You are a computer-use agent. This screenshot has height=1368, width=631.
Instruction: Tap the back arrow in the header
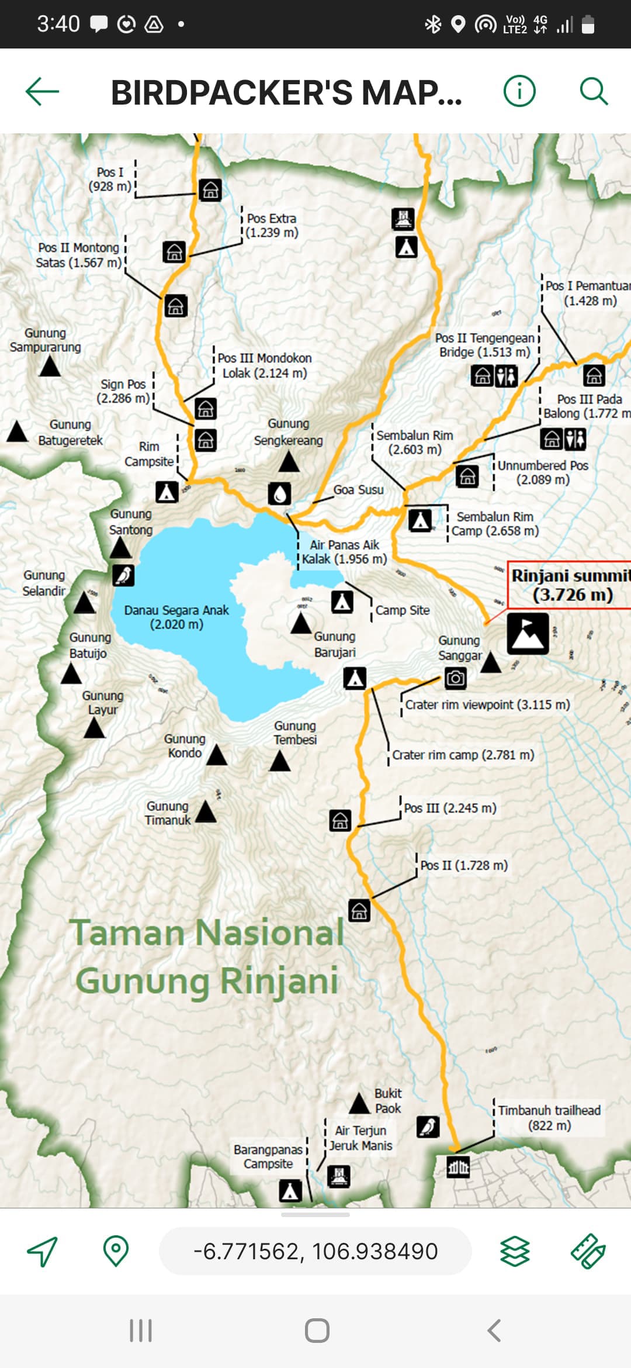click(x=43, y=92)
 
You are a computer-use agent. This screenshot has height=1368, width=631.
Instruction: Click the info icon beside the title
click(x=519, y=92)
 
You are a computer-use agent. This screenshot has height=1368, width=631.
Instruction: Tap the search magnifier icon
click(x=594, y=92)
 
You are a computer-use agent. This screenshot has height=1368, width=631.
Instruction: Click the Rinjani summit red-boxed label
click(x=570, y=585)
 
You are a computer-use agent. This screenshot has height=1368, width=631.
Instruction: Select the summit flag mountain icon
click(x=528, y=633)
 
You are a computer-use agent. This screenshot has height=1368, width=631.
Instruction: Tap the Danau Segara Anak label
click(x=176, y=617)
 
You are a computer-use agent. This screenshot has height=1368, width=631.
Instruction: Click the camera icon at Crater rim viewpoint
click(x=455, y=678)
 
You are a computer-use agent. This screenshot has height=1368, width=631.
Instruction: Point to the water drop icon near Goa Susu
click(x=280, y=493)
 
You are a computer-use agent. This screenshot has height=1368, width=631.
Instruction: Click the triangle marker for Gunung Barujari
click(x=301, y=624)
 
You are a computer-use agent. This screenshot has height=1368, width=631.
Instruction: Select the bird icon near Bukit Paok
click(x=428, y=1126)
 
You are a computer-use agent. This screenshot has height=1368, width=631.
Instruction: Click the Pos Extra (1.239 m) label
click(x=272, y=225)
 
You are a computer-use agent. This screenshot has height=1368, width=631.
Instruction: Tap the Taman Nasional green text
click(x=207, y=932)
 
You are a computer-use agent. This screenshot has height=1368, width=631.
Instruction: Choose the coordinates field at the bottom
click(x=315, y=1251)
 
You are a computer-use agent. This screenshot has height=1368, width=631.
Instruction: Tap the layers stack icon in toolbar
click(x=515, y=1252)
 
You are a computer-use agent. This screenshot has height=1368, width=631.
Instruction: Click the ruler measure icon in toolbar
click(x=588, y=1252)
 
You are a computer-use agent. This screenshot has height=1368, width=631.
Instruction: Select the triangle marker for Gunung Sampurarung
click(x=50, y=367)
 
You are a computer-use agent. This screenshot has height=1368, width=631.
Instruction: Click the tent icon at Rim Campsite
click(x=167, y=492)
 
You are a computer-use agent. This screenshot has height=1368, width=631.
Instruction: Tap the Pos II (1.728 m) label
click(x=464, y=865)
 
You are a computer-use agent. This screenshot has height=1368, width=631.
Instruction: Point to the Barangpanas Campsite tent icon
click(x=290, y=1190)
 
